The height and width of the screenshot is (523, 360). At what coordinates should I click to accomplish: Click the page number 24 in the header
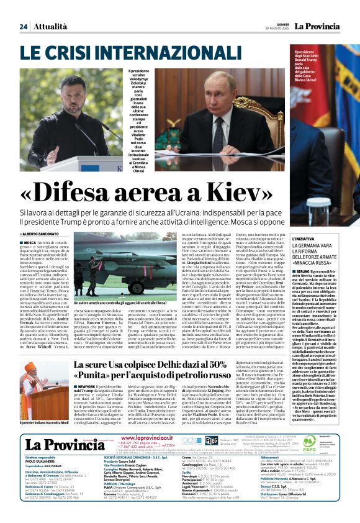tap(24, 26)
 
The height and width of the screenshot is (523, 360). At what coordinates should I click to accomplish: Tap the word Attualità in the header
tap(50, 26)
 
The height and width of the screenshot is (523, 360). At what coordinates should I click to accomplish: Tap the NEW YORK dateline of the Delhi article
tap(87, 386)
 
